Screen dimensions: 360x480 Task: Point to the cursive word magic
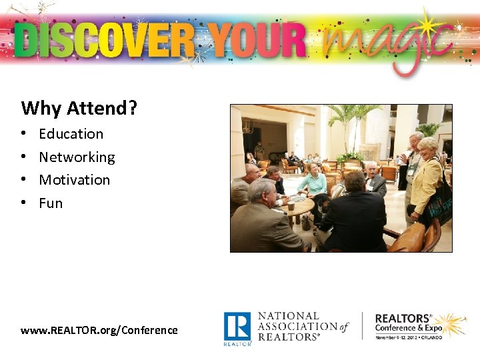387,43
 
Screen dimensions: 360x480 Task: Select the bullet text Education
71,134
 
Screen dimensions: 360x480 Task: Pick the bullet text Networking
77,157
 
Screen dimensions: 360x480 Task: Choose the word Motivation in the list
74,180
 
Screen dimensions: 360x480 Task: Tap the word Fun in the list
51,203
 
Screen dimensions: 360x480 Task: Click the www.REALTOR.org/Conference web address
99,330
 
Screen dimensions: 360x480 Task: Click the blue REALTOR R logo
237,326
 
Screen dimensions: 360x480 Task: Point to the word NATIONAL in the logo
289,316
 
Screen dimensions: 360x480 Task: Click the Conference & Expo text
409,328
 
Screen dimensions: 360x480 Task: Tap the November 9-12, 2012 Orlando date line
413,338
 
